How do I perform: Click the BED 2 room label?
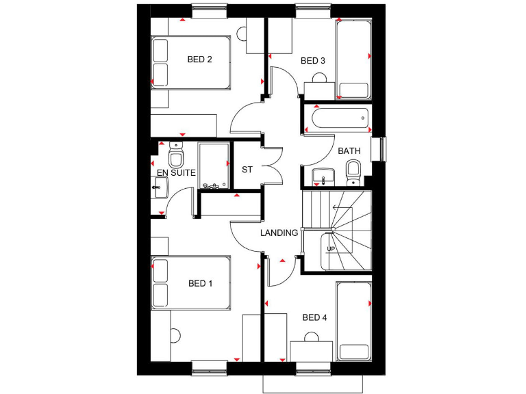pyautogui.click(x=199, y=60)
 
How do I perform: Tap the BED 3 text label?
pyautogui.click(x=313, y=61)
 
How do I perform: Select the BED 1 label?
pyautogui.click(x=200, y=283)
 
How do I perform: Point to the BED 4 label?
pyautogui.click(x=314, y=317)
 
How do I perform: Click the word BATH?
pyautogui.click(x=349, y=150)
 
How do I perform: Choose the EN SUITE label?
pyautogui.click(x=177, y=173)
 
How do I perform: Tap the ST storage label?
pyautogui.click(x=247, y=169)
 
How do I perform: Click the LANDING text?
pyautogui.click(x=279, y=233)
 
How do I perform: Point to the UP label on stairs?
pyautogui.click(x=331, y=249)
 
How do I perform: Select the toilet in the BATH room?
pyautogui.click(x=353, y=171)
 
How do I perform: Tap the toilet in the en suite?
pyautogui.click(x=175, y=157)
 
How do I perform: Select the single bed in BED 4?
pyautogui.click(x=353, y=321)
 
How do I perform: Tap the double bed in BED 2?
pyautogui.click(x=191, y=62)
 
